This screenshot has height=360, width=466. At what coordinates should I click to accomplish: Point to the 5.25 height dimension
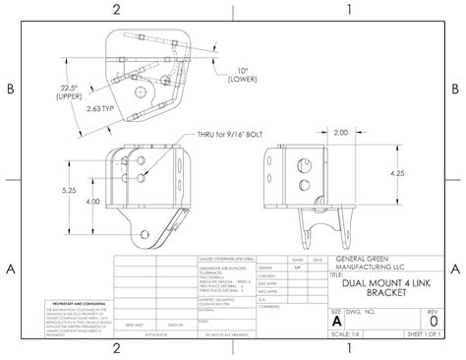pos(70,191)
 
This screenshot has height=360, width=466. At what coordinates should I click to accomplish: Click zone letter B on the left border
pos(10,89)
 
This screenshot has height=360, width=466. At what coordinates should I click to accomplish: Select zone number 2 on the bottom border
pos(117,349)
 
